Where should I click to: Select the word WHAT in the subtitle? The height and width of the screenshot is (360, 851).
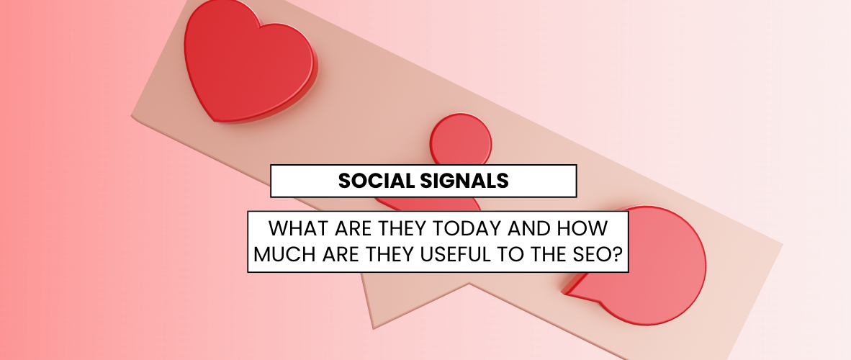tap(296, 230)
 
